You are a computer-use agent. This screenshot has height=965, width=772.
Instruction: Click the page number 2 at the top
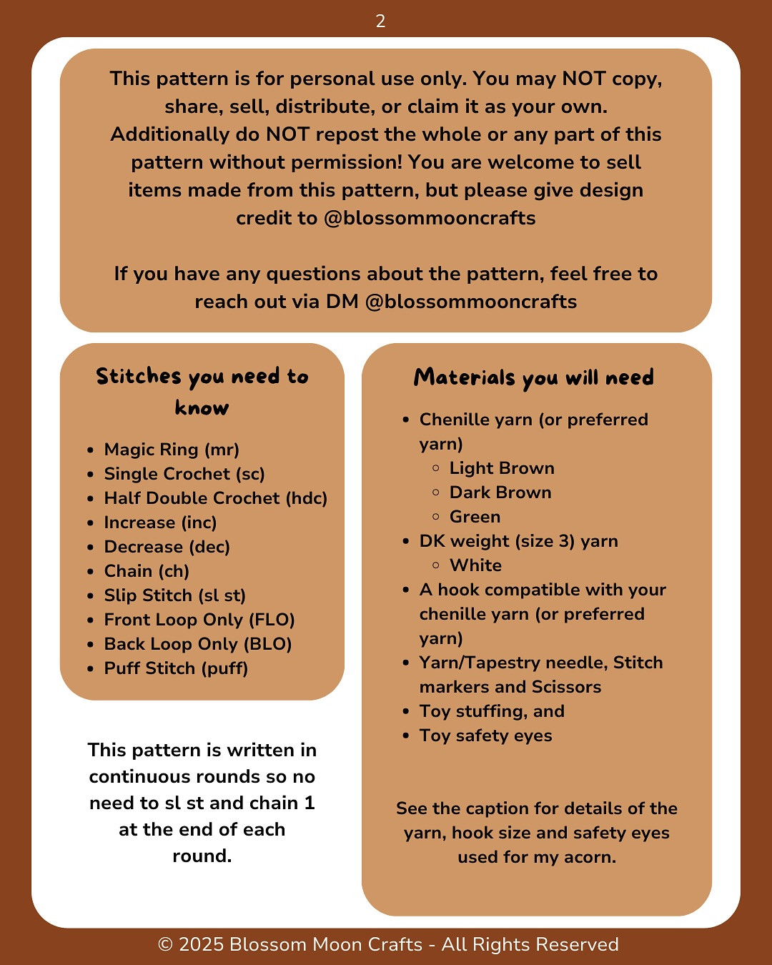(x=380, y=21)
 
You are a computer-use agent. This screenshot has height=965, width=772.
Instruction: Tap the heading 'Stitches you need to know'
(x=202, y=391)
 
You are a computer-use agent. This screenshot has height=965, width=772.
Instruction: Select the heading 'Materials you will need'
(x=533, y=377)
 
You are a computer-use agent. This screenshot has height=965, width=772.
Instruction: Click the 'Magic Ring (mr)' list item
(x=172, y=450)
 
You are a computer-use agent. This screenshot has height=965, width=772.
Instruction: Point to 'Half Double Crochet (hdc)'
(x=215, y=498)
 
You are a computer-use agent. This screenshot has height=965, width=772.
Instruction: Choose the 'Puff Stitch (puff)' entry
(x=176, y=668)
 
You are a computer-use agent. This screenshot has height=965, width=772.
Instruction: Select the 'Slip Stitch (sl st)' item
(x=174, y=595)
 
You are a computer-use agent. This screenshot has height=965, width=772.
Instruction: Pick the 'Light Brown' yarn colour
(x=502, y=468)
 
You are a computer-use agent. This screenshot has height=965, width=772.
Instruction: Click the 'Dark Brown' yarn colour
(x=500, y=493)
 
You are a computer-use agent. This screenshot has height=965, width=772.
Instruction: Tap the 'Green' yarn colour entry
(x=475, y=517)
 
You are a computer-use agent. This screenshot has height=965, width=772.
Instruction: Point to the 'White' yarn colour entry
(x=475, y=565)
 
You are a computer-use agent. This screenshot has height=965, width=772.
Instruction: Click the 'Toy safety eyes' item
(x=485, y=736)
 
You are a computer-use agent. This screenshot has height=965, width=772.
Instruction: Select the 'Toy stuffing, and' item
(x=492, y=711)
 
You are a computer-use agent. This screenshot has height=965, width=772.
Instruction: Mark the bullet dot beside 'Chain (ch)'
(x=91, y=572)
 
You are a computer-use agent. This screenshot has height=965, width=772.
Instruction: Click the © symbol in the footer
(x=165, y=945)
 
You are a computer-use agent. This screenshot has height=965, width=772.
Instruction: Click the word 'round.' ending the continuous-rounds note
(x=202, y=856)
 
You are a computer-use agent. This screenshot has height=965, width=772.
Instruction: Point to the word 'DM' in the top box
(x=342, y=302)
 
